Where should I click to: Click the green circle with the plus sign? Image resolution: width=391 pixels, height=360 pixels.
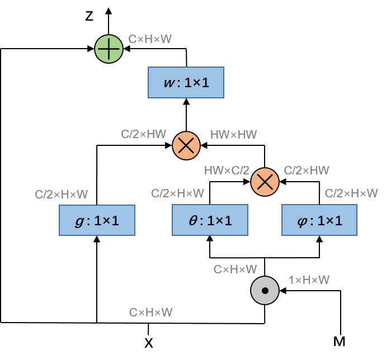[x=109, y=49]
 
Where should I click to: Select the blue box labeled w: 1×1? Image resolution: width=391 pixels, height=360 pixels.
[x=186, y=83]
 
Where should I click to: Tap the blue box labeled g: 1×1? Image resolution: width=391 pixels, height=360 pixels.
[x=97, y=220]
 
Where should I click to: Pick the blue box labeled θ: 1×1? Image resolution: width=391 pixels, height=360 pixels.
[x=210, y=220]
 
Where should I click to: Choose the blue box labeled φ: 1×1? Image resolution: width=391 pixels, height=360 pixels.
[x=319, y=220]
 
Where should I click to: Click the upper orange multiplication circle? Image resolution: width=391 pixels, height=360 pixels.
[x=186, y=146]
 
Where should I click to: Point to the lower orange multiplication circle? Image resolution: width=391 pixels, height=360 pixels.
[x=265, y=182]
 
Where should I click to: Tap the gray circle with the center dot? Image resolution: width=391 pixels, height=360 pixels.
[x=265, y=291]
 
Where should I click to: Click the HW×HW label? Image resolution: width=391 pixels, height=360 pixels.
[x=233, y=135]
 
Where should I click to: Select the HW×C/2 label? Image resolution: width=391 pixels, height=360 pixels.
[x=227, y=170]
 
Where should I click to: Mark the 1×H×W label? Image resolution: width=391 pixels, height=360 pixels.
[x=309, y=280]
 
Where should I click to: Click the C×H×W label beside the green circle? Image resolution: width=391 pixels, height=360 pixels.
[x=150, y=39]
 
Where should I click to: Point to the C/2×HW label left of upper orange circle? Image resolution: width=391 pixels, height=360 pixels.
[x=144, y=134]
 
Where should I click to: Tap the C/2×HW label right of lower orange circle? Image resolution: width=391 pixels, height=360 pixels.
[x=307, y=170]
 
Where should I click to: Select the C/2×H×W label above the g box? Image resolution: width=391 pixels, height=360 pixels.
[x=62, y=195]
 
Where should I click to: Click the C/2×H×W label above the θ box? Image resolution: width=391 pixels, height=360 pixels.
[x=177, y=193]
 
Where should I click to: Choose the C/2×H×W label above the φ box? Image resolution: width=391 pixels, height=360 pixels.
[x=351, y=193]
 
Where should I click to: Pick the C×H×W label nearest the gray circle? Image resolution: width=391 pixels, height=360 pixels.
[x=235, y=269]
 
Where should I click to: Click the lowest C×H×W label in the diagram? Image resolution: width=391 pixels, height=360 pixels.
[x=150, y=312]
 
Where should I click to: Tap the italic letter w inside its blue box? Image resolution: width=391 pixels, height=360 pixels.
[x=168, y=83]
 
